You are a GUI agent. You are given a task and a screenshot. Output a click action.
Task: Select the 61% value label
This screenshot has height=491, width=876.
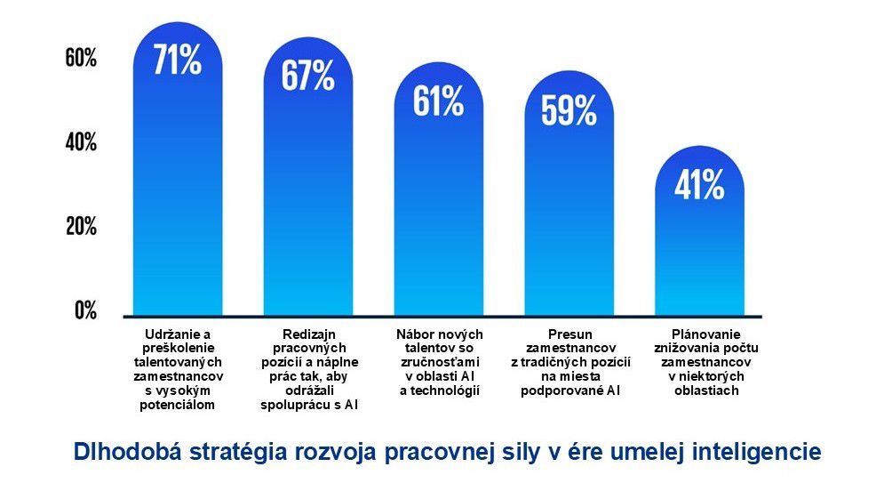439,101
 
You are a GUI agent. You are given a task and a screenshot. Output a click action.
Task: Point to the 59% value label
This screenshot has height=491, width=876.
569,109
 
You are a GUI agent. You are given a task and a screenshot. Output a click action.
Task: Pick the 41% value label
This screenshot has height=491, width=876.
699,184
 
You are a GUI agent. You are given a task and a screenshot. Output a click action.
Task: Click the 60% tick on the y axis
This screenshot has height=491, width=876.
81,59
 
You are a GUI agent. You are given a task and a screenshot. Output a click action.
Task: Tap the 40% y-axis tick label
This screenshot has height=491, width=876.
81,142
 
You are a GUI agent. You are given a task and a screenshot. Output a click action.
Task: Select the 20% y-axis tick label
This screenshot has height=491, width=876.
81,226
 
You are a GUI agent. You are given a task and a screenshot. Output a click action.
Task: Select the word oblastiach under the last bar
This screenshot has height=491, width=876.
699,390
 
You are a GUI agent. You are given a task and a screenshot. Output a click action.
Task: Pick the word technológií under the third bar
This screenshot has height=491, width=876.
439,390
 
